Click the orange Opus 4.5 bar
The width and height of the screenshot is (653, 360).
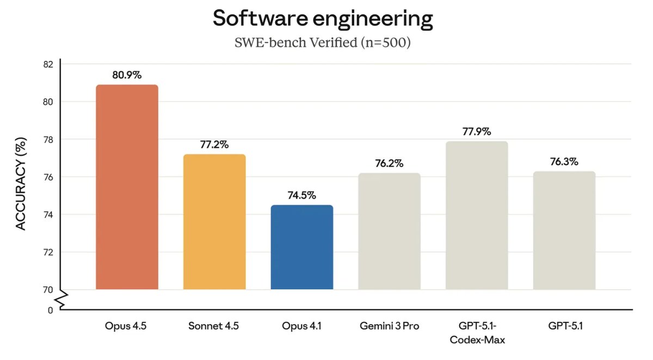127,187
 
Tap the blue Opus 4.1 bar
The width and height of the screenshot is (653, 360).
301,247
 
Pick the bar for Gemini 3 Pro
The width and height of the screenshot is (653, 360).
389,231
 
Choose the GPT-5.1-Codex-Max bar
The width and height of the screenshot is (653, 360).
477,215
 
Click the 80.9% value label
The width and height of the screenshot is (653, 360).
127,76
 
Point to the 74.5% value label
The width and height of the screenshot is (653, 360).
301,196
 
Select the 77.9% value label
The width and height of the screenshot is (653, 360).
477,132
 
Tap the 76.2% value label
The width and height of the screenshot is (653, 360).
389,164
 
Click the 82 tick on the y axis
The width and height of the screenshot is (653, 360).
48,64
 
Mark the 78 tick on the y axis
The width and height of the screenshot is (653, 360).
48,140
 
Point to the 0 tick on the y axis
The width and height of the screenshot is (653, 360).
50,311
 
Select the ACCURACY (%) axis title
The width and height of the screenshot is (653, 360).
21,187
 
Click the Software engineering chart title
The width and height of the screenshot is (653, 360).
323,18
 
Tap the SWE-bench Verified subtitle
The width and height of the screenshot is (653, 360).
323,43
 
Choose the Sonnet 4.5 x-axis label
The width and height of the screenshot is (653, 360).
214,326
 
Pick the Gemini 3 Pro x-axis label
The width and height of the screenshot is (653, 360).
389,326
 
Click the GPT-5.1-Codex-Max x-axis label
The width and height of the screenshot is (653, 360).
477,333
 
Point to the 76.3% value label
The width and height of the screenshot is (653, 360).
564,162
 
